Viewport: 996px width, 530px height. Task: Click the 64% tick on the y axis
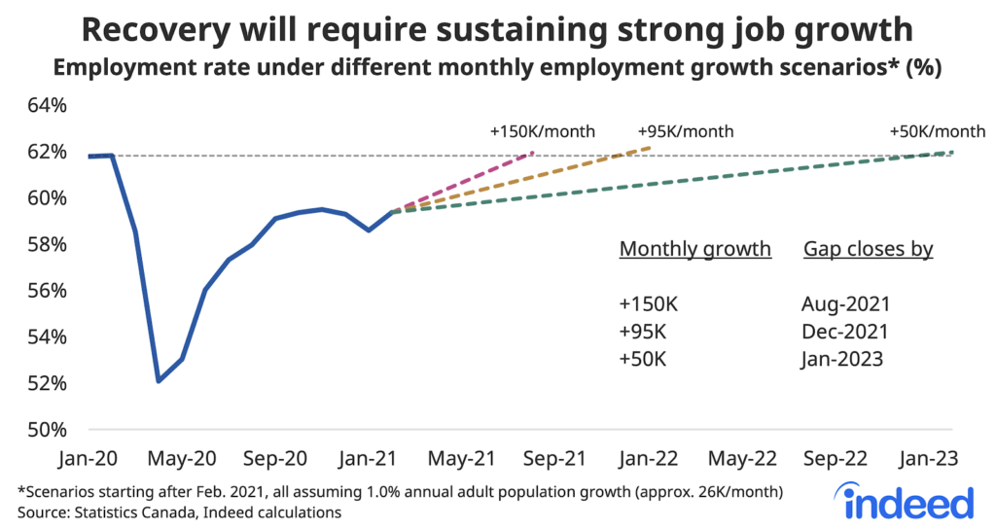coord(44,105)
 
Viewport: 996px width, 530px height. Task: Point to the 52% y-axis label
coord(44,383)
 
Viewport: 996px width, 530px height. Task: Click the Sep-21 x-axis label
coord(556,458)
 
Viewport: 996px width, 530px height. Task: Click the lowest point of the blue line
coord(159,380)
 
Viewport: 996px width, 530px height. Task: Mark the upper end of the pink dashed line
coord(533,153)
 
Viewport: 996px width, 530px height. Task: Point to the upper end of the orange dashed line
coord(651,148)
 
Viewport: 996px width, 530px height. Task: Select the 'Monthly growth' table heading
coord(694,249)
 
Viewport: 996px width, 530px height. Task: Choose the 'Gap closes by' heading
coord(868,249)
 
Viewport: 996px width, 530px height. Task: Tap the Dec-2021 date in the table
coord(844,332)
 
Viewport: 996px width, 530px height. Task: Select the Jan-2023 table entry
coord(842,359)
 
